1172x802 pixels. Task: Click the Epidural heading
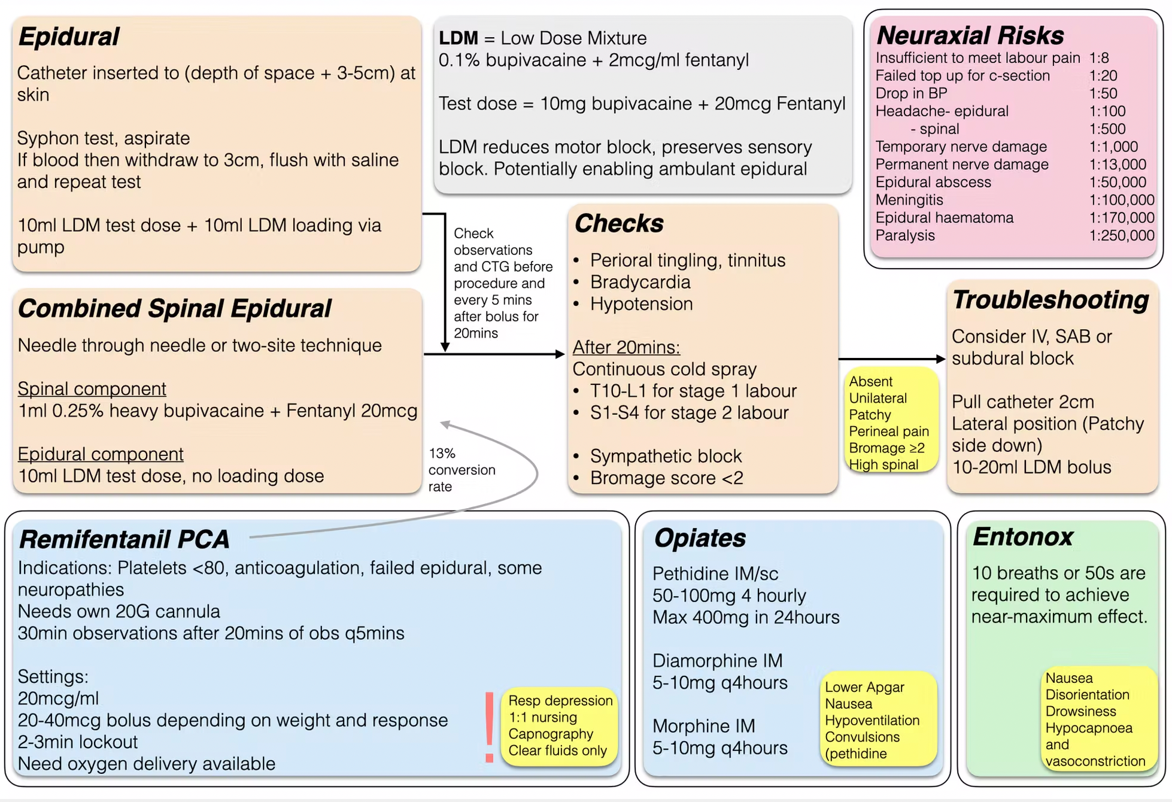(x=69, y=37)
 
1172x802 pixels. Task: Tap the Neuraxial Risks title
(x=970, y=35)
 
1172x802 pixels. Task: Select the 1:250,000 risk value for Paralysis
(x=1121, y=235)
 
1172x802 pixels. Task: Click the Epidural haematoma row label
(x=944, y=217)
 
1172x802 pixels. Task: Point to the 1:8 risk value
(x=1098, y=57)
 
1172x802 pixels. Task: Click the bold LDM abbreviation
(x=458, y=38)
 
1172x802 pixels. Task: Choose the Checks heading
(x=618, y=223)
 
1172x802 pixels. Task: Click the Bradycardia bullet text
(x=640, y=282)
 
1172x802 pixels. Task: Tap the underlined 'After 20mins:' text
(x=626, y=347)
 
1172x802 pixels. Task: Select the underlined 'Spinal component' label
(x=92, y=388)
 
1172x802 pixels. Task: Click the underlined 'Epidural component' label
(x=101, y=454)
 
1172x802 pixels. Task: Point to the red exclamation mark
(x=489, y=727)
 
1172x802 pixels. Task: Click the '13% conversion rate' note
(x=461, y=470)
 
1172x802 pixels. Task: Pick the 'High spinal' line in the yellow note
(x=883, y=464)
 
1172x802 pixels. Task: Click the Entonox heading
(x=1022, y=537)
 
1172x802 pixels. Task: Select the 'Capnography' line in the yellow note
(x=551, y=734)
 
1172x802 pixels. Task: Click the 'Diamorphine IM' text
(x=717, y=661)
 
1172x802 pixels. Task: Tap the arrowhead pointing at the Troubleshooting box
(x=940, y=359)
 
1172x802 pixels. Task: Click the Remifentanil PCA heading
(x=124, y=539)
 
